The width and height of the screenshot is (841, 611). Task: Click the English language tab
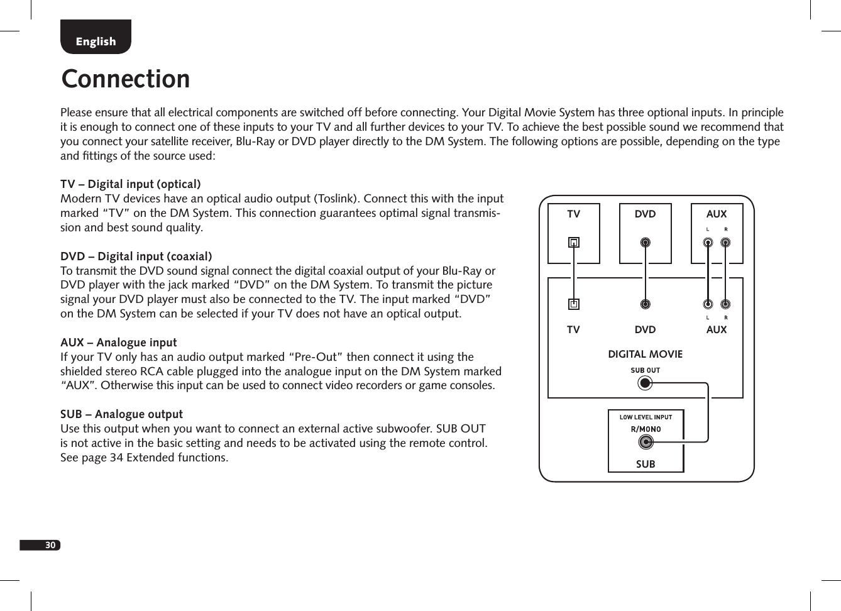click(96, 41)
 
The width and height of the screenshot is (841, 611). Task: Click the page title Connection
click(126, 79)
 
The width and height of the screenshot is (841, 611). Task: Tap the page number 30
click(50, 545)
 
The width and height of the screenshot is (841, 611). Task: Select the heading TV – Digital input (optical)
click(131, 184)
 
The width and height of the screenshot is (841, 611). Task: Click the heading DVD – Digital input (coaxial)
click(136, 256)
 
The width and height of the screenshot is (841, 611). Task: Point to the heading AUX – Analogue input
click(119, 343)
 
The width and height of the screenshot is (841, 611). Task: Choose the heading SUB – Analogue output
click(122, 414)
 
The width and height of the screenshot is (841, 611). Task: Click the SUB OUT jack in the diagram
click(645, 382)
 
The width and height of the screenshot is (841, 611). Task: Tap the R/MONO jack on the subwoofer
click(645, 442)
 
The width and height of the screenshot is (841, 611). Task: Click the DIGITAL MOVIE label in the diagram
click(645, 354)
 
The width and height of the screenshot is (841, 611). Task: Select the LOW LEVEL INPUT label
click(646, 417)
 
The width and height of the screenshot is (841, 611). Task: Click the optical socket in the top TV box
click(574, 242)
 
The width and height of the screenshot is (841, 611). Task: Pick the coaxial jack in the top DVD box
click(645, 242)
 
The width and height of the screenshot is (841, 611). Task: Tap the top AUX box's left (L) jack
click(708, 242)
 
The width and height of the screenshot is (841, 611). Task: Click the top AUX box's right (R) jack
click(725, 242)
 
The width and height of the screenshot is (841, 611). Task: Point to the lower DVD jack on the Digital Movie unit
click(645, 304)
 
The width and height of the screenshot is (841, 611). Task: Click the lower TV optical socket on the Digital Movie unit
click(574, 304)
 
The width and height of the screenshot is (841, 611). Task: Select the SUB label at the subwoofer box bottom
click(646, 464)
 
